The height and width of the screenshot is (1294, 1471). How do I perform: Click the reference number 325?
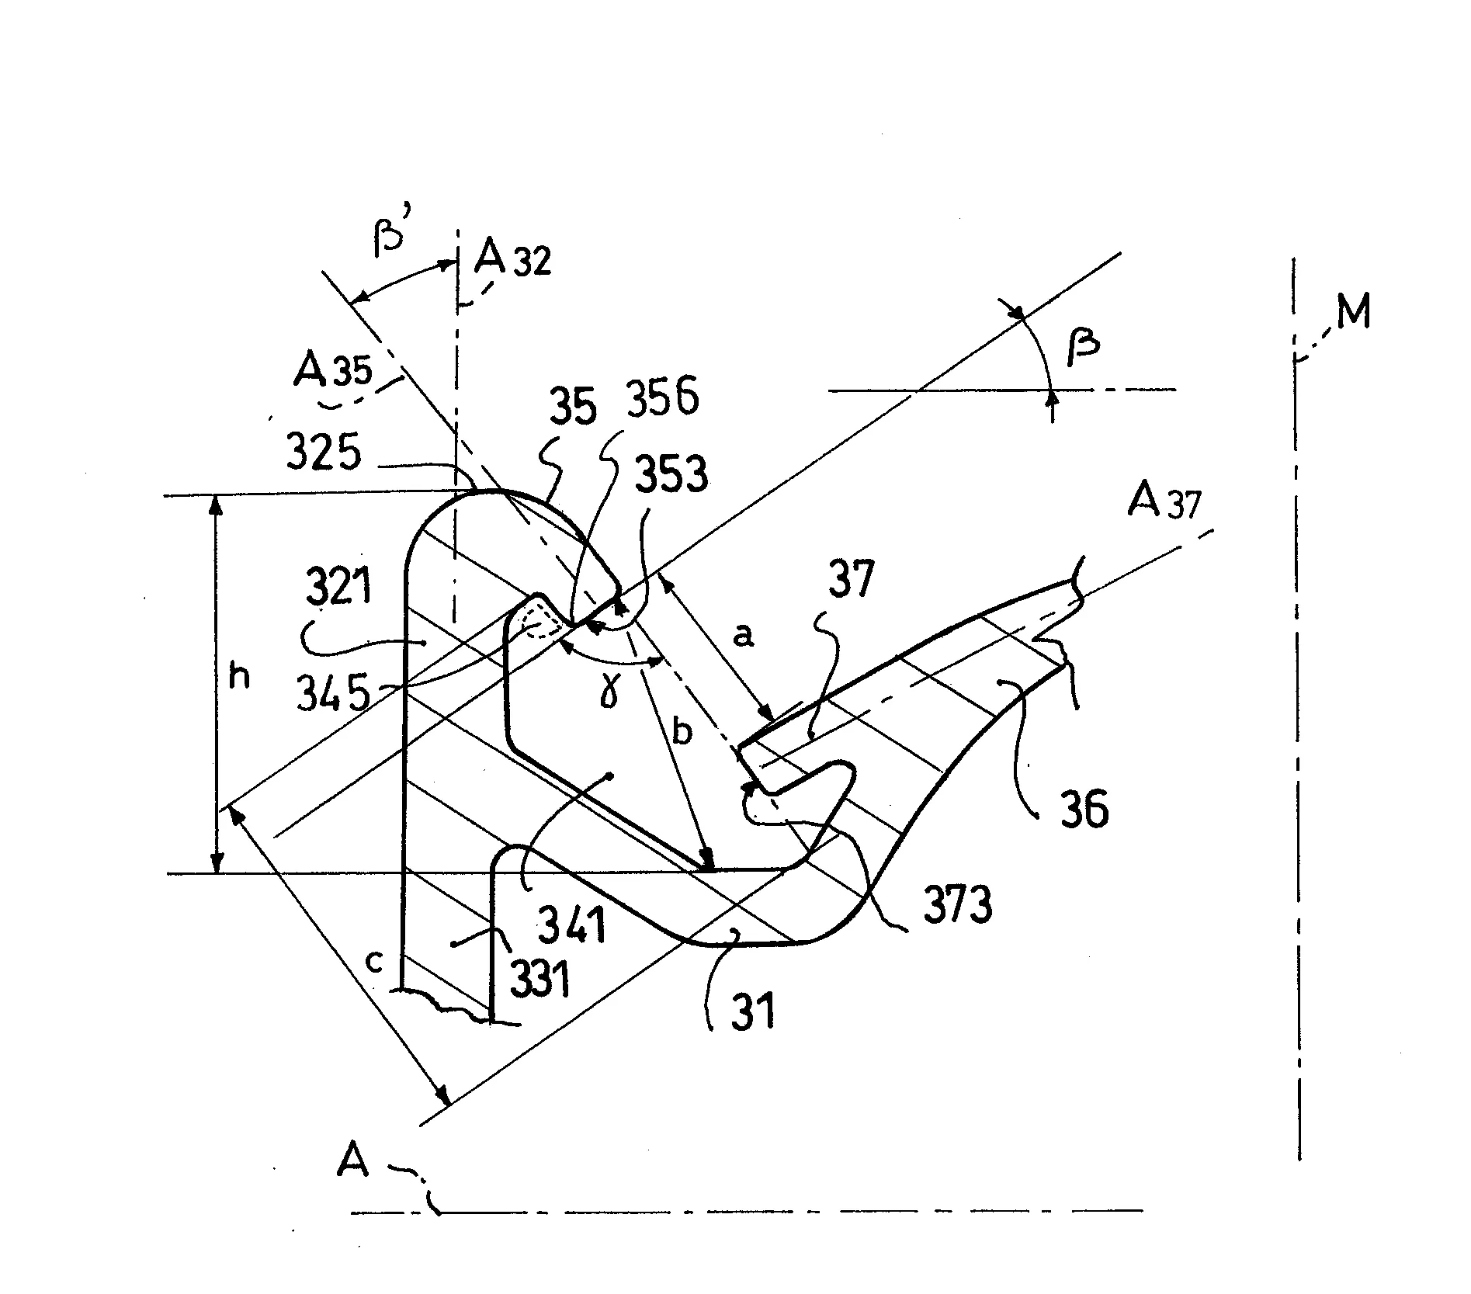point(324,452)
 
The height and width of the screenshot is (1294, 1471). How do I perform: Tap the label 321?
point(339,588)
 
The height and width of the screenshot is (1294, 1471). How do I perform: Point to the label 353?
point(671,474)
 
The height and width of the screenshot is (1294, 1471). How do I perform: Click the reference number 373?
point(958,904)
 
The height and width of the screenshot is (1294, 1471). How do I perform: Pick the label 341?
point(573,924)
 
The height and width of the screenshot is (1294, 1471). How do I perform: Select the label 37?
point(852,578)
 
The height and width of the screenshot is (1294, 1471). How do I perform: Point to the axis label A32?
point(512,258)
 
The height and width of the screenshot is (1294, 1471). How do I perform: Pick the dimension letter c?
point(374,963)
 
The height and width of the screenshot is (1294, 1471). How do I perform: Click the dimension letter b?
point(682,731)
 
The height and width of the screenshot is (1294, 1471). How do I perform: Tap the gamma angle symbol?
point(609,692)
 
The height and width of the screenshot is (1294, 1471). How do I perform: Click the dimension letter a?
point(743,637)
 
